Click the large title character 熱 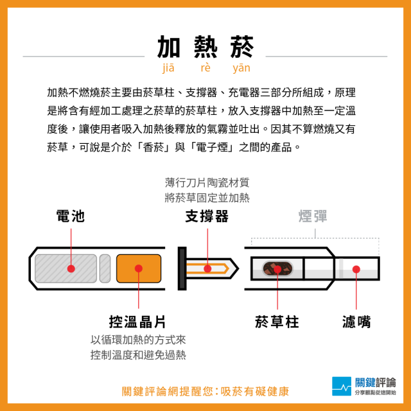click(x=205, y=47)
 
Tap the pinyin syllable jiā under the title click(x=168, y=68)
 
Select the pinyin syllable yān click(x=241, y=68)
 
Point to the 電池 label click(x=71, y=216)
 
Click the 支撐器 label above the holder click(x=207, y=216)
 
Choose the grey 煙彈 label click(x=313, y=216)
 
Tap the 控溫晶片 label click(x=137, y=322)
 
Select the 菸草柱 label click(x=277, y=322)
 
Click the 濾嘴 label click(x=356, y=322)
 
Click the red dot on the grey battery click(x=71, y=268)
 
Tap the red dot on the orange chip click(x=139, y=268)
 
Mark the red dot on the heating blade click(x=207, y=268)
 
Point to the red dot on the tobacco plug click(x=277, y=269)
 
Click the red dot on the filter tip click(x=356, y=269)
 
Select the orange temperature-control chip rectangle click(x=139, y=268)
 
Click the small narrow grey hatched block click(x=105, y=268)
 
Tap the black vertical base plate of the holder click(x=182, y=268)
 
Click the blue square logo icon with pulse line click(x=342, y=386)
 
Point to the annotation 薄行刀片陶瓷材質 click(x=207, y=182)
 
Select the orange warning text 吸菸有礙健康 click(x=254, y=391)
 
